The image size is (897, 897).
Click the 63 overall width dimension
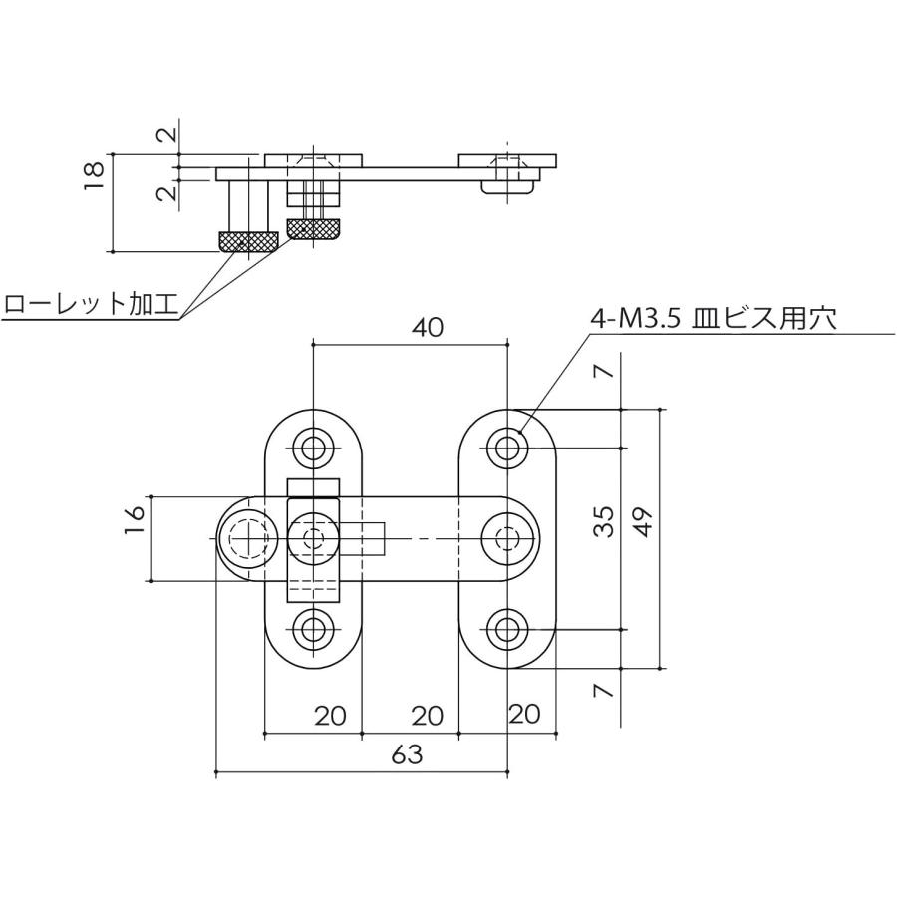point(407,754)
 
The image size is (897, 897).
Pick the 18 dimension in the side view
point(95,173)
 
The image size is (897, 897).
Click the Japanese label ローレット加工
point(90,304)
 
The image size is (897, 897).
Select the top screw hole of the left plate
point(314,448)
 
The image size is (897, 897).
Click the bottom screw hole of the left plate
point(314,628)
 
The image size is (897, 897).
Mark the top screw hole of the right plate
point(509,448)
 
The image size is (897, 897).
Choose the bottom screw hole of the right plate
point(509,628)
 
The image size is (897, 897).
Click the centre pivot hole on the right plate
point(509,538)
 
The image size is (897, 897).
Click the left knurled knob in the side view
point(248,240)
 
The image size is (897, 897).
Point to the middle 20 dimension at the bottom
point(427,715)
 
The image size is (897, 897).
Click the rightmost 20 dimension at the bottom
point(525,715)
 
